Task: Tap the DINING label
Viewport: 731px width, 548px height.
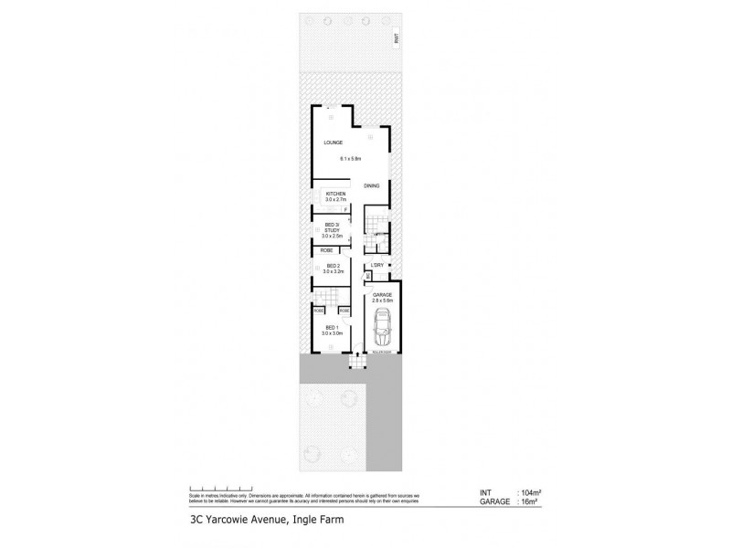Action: [x=371, y=186]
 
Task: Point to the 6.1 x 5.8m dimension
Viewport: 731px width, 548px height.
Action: [x=352, y=159]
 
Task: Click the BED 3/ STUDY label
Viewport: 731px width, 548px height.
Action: [x=332, y=228]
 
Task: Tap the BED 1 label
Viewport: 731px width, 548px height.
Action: [x=331, y=329]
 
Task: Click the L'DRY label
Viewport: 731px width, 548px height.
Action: [x=377, y=267]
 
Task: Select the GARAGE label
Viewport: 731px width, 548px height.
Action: [x=382, y=295]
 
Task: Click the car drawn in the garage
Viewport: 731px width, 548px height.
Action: [x=382, y=324]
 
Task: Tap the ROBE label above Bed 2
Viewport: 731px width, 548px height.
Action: [x=326, y=249]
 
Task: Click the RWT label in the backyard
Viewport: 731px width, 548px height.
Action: [x=397, y=38]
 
